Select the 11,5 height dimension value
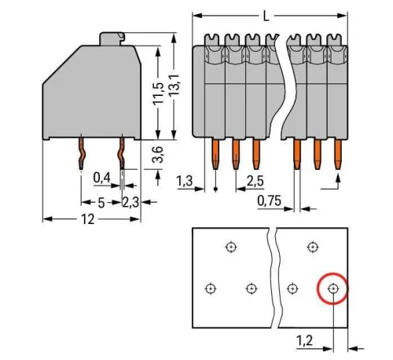(x=160, y=92)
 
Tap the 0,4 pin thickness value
(x=101, y=178)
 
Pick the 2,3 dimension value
(x=131, y=202)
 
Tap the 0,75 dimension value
(x=270, y=202)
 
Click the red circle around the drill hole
(x=333, y=288)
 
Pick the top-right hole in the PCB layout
(x=313, y=247)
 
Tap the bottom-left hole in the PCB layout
(x=210, y=288)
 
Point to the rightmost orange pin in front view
(x=339, y=154)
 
